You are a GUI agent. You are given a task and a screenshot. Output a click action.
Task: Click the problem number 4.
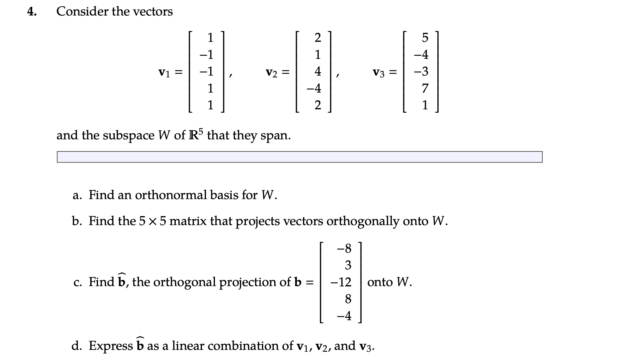pyautogui.click(x=32, y=12)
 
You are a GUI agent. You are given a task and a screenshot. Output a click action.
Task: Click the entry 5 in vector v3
pyautogui.click(x=425, y=38)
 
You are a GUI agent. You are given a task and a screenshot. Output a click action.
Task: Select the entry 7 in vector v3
pyautogui.click(x=425, y=89)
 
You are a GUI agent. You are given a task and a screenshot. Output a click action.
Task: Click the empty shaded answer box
pyautogui.click(x=299, y=157)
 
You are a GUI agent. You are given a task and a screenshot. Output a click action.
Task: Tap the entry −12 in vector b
pyautogui.click(x=341, y=282)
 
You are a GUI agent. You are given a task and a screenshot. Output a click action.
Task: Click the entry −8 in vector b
pyautogui.click(x=344, y=248)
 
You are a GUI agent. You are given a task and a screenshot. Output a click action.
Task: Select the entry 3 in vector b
pyautogui.click(x=348, y=265)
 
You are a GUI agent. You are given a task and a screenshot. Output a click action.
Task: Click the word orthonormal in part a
pyautogui.click(x=171, y=195)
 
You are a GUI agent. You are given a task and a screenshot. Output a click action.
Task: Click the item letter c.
pyautogui.click(x=78, y=282)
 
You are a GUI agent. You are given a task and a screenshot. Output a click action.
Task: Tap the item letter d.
pyautogui.click(x=76, y=346)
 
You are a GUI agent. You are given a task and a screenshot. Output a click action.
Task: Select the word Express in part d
pyautogui.click(x=111, y=346)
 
